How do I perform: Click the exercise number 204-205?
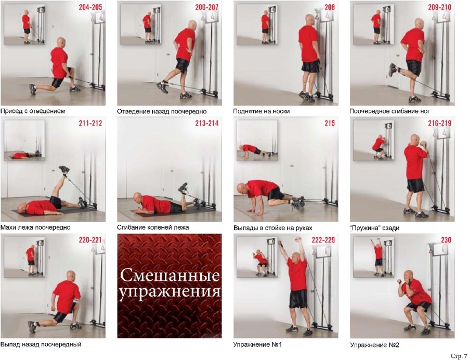90,7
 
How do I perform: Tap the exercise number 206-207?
207,7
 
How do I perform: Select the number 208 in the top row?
330,7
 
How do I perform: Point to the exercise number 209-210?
439,7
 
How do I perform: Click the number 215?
330,123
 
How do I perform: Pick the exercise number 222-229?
323,240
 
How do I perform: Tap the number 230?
446,240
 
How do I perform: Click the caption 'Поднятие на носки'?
261,111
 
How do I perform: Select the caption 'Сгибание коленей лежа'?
153,227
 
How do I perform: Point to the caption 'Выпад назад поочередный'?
41,344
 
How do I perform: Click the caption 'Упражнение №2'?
374,345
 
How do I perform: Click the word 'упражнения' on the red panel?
170,292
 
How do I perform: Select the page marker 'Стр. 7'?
459,356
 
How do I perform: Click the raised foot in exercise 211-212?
64,170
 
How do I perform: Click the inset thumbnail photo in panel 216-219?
373,140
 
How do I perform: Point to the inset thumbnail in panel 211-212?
24,140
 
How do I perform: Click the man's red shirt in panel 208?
309,44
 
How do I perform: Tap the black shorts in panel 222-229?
298,299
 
